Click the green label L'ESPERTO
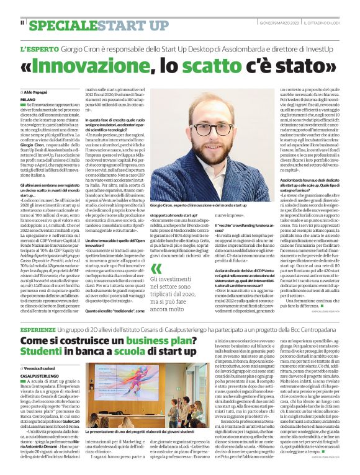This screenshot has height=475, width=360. click(40, 48)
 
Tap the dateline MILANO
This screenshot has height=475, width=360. click(28, 99)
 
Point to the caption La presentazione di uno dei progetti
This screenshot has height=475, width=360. click(168, 430)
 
